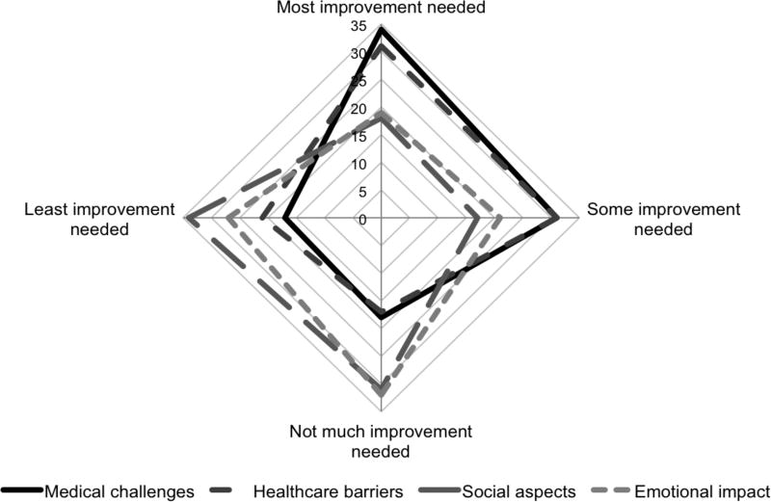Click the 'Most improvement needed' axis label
(x=381, y=9)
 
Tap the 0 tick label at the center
(x=363, y=220)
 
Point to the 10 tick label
(x=359, y=165)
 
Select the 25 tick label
(x=359, y=83)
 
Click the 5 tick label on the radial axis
(x=363, y=193)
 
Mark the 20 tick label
(x=359, y=110)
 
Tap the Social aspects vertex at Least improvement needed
(x=190, y=220)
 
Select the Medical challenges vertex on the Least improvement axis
(x=284, y=220)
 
